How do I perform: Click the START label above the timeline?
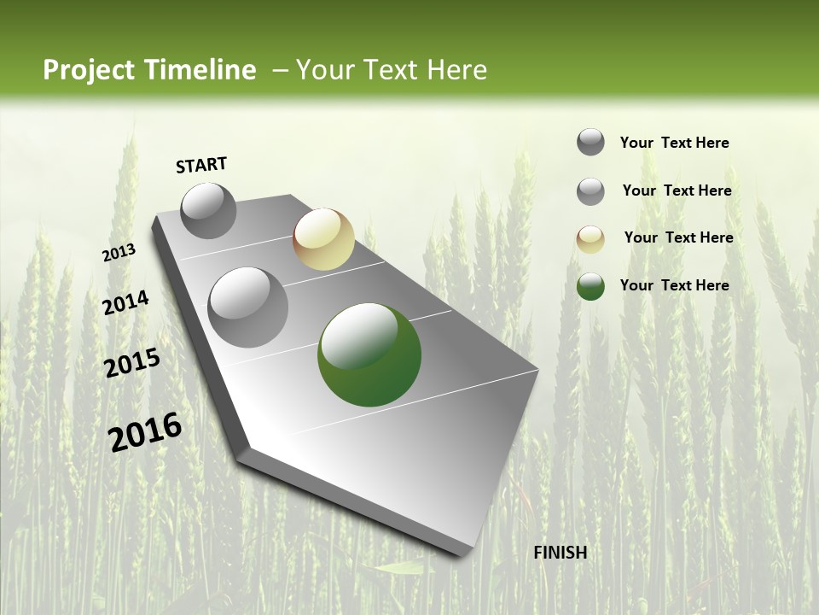tap(201, 165)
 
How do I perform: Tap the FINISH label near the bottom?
tap(560, 553)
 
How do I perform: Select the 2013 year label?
tap(119, 253)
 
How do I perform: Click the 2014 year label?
tap(126, 303)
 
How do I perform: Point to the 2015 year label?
tap(132, 363)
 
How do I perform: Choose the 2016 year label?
tap(145, 431)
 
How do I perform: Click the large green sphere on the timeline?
tap(369, 354)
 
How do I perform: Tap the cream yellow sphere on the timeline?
tap(323, 239)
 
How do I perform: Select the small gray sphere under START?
tap(208, 210)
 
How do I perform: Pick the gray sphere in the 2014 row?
tap(248, 307)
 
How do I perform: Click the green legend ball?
tap(590, 286)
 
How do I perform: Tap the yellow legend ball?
tap(590, 239)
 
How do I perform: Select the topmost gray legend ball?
tap(590, 142)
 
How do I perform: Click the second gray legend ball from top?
tap(590, 191)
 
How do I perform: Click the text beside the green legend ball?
tap(674, 285)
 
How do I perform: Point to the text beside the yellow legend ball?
tap(678, 237)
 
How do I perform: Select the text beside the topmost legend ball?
tap(674, 143)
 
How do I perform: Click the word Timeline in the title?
tap(200, 70)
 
